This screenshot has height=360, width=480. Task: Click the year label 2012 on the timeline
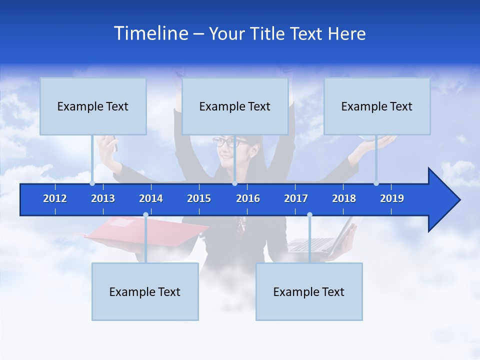[55, 198]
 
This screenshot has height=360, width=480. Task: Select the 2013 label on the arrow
[103, 198]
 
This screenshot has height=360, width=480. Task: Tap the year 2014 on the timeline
[151, 198]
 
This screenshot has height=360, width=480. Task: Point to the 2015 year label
[199, 198]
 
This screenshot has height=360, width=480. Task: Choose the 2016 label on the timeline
[248, 198]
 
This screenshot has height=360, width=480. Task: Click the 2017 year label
[296, 198]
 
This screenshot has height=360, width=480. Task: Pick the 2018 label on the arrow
[344, 198]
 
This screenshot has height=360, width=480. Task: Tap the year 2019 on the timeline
[392, 198]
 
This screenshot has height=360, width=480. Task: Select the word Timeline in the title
[150, 33]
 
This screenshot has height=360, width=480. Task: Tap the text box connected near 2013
[93, 106]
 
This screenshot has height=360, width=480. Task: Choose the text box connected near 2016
[235, 106]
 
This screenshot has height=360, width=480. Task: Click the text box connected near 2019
[377, 106]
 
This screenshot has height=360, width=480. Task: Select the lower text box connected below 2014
[145, 292]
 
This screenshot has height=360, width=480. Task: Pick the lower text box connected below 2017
[309, 292]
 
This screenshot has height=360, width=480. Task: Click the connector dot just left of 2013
[92, 183]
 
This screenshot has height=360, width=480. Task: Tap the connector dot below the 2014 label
[145, 215]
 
